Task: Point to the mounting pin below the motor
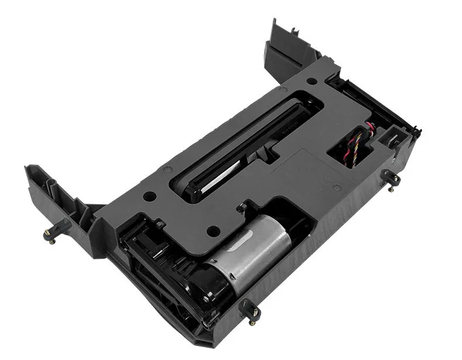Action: (x=252, y=311)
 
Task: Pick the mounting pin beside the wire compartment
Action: (x=389, y=179)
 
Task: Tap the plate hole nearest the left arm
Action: (x=149, y=197)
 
